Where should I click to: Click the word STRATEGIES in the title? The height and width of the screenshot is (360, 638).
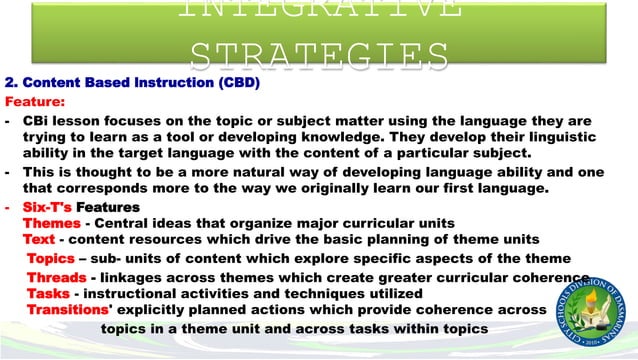pos(319,52)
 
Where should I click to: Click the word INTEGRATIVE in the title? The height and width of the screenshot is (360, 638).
pos(319,10)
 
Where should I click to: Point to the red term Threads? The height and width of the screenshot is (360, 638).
pos(56,277)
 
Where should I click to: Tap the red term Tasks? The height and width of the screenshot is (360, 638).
pos(48,293)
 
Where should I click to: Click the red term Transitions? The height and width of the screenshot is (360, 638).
pos(69,310)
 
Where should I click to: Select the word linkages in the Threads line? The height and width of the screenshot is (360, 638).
pos(135,277)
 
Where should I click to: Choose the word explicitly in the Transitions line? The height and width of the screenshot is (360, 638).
pos(158,310)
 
